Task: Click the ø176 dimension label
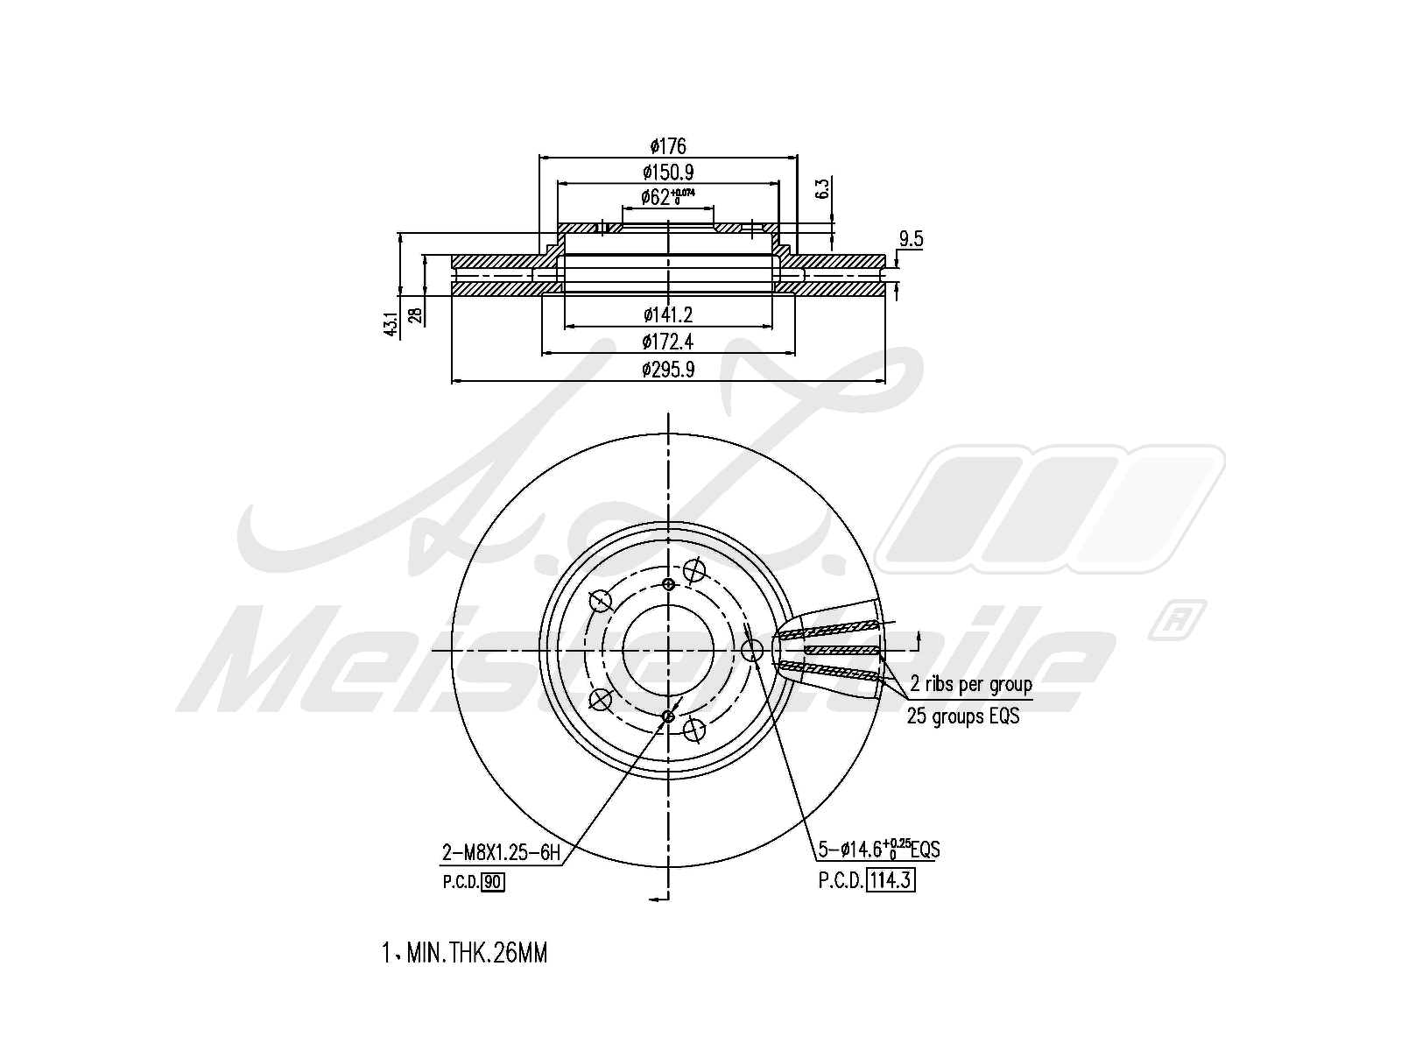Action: tap(668, 146)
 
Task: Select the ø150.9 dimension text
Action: tap(668, 173)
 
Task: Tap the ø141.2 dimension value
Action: tap(668, 314)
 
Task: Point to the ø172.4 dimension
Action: tap(668, 342)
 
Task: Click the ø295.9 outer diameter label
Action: tap(668, 370)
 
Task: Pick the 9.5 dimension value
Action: tap(911, 239)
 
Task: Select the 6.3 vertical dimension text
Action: tap(821, 189)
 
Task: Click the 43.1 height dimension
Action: tap(391, 323)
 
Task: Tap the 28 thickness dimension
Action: tap(417, 314)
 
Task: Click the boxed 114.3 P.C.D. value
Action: tap(891, 880)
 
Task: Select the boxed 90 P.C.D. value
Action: tap(493, 882)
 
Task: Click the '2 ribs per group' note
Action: tap(971, 684)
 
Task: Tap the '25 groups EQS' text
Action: tap(963, 716)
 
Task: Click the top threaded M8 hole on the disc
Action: tap(669, 584)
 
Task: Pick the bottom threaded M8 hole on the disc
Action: tap(669, 716)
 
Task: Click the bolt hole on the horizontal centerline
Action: tap(752, 650)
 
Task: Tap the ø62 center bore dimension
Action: tap(667, 197)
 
